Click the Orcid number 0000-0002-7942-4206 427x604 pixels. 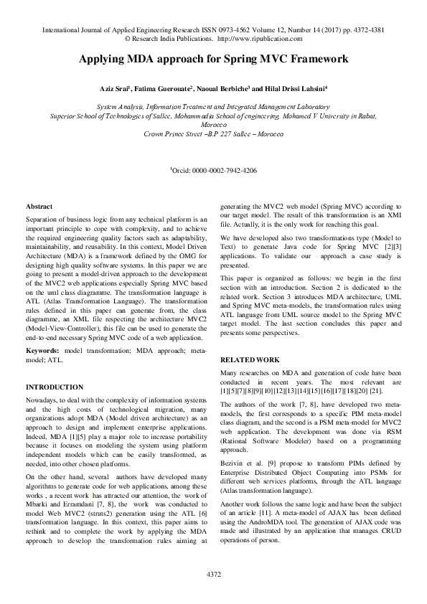pyautogui.click(x=225, y=171)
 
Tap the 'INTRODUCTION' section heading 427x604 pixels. pyautogui.click(x=54, y=387)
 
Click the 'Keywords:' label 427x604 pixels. pyautogui.click(x=42, y=351)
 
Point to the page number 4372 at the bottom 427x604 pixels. pyautogui.click(x=213, y=575)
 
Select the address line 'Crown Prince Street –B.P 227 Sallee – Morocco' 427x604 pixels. pyautogui.click(x=213, y=134)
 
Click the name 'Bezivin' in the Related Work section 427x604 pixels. pyautogui.click(x=231, y=456)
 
